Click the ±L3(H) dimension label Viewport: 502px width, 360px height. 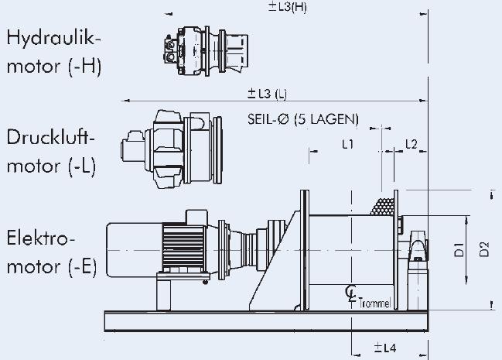tap(287, 7)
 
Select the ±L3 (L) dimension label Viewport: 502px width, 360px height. tap(267, 93)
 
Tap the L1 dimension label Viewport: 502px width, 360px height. tap(347, 144)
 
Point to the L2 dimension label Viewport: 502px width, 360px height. tap(412, 144)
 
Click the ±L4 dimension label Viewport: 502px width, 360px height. tap(385, 348)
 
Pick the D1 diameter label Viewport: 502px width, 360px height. tap(459, 250)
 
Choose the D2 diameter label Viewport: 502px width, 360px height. tap(484, 249)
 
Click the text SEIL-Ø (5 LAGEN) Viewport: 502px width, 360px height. tap(303, 119)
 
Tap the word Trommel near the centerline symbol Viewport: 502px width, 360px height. tap(374, 303)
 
